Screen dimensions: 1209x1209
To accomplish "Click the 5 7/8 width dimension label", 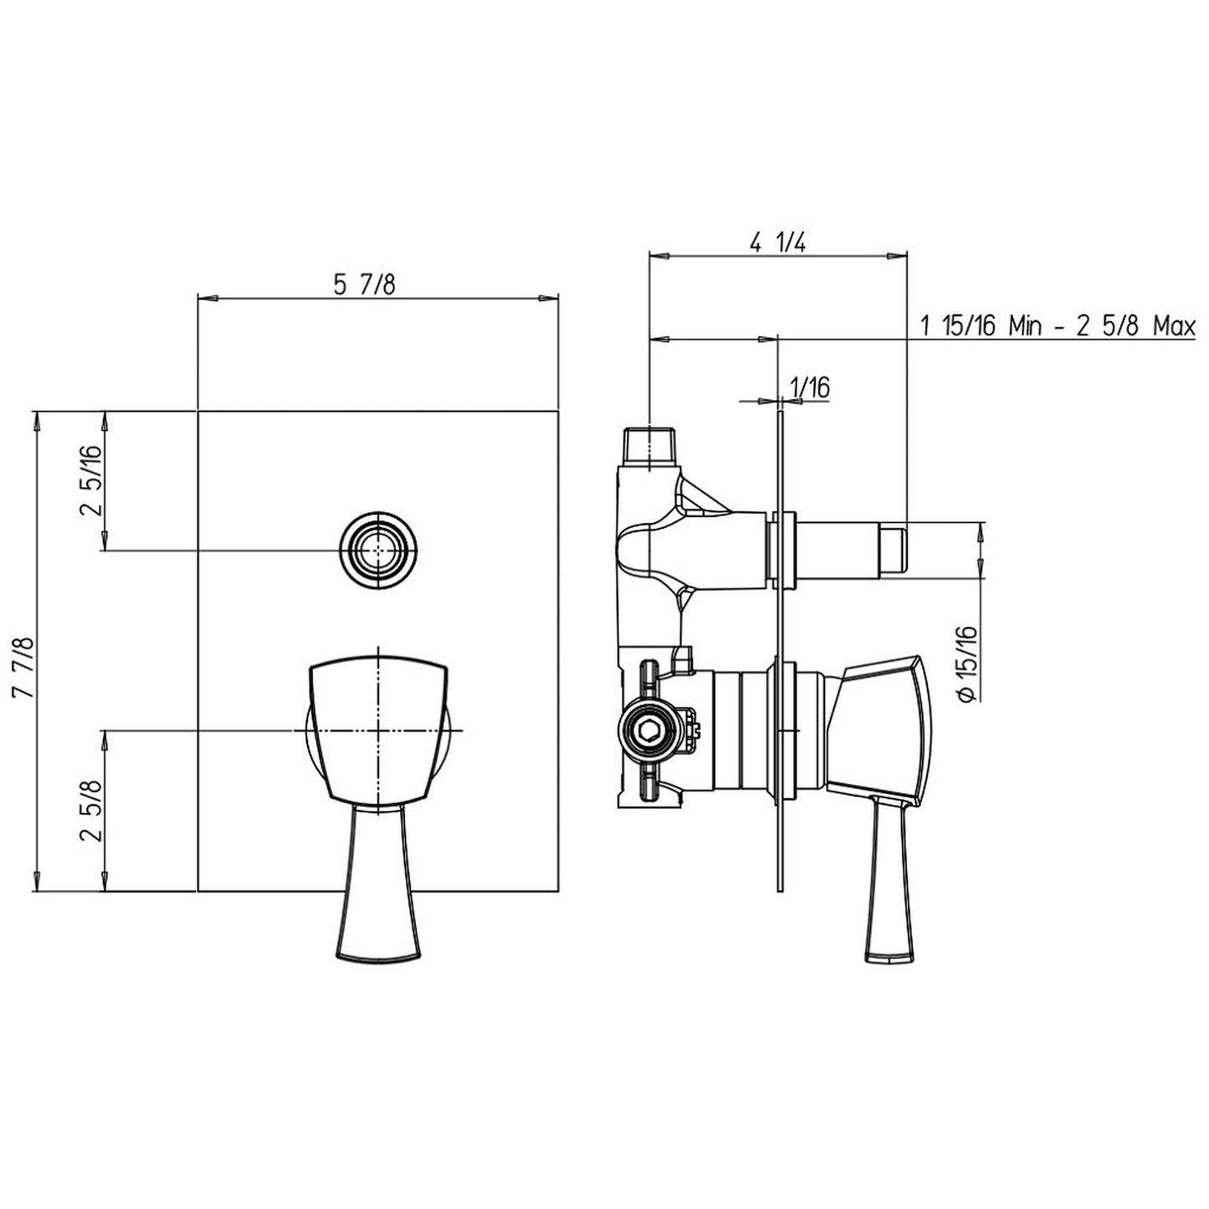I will point(364,284).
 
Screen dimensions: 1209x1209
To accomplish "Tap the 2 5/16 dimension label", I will point(92,480).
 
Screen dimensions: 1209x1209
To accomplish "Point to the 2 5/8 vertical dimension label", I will point(92,810).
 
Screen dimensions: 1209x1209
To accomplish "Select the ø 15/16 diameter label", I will point(968,663).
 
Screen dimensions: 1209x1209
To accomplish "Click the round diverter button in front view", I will point(378,550).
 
